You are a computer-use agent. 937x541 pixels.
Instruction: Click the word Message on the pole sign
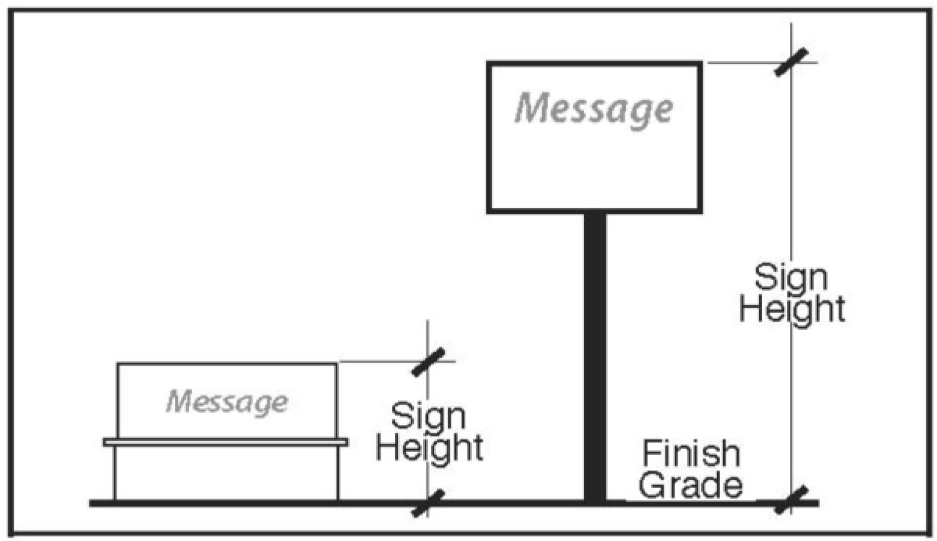click(594, 109)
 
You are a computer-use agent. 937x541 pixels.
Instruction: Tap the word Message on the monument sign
click(227, 401)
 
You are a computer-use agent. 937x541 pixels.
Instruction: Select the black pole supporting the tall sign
click(595, 355)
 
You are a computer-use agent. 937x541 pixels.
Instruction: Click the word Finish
click(691, 453)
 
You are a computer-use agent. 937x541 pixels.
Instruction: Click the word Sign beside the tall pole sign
click(791, 278)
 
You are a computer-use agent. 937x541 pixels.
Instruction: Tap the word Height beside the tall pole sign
click(792, 309)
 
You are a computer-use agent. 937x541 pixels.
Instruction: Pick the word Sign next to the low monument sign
click(428, 417)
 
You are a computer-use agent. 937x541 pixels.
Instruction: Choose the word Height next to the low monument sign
click(429, 448)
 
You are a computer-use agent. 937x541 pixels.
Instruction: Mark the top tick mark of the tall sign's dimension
click(791, 62)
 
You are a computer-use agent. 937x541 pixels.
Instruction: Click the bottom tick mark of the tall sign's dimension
click(791, 500)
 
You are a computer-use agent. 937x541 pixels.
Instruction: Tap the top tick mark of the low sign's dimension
click(428, 362)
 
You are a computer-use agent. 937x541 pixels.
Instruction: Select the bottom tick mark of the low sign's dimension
click(428, 503)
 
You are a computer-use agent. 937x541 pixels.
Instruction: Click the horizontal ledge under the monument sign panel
click(225, 442)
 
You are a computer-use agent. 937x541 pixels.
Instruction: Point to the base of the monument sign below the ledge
click(226, 472)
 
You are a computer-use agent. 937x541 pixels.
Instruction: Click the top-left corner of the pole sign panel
click(489, 64)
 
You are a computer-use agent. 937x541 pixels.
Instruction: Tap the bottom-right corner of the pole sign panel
click(700, 211)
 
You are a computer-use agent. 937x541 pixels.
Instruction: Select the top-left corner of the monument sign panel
click(118, 364)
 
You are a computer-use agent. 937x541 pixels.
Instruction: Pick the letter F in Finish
click(650, 453)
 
